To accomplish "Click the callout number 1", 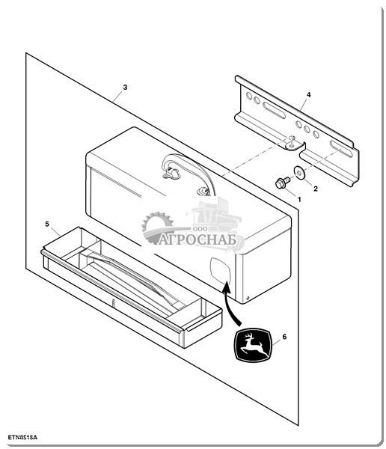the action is tap(299, 199).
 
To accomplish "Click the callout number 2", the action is tap(316, 189).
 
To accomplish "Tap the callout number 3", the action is tap(125, 88).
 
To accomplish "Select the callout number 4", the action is tap(308, 94).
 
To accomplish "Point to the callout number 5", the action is tap(47, 224).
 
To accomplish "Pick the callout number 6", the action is tap(284, 337).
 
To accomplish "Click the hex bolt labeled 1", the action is tap(282, 183).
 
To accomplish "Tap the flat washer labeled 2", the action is tap(300, 172).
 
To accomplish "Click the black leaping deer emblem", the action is tap(252, 345).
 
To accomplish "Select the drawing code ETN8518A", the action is tap(22, 438).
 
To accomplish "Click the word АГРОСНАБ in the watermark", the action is tap(197, 239).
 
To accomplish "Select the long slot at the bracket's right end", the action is tap(341, 148).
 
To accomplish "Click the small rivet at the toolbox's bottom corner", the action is tap(248, 298).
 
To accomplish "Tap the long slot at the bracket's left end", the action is tap(275, 110).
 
